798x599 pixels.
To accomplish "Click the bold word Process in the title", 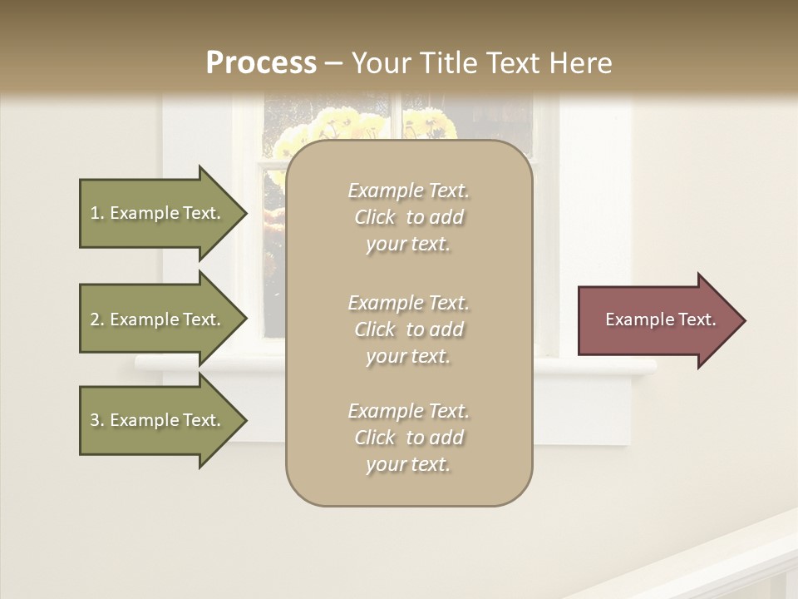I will pos(261,63).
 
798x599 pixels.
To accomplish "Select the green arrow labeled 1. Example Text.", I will pos(158,213).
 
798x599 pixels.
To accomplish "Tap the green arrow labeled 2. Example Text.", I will pos(158,319).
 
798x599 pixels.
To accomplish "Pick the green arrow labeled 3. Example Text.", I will pos(158,420).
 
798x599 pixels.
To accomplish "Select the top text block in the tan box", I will pos(408,217).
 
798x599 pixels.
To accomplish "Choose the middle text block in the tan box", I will pos(408,329).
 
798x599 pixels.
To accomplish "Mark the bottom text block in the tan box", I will pos(408,438).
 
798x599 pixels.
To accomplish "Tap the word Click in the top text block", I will pos(375,217).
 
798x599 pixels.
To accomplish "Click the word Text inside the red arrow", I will pos(698,319).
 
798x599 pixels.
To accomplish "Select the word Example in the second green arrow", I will pos(145,319).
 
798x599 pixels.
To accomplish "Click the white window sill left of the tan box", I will pos(208,364).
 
